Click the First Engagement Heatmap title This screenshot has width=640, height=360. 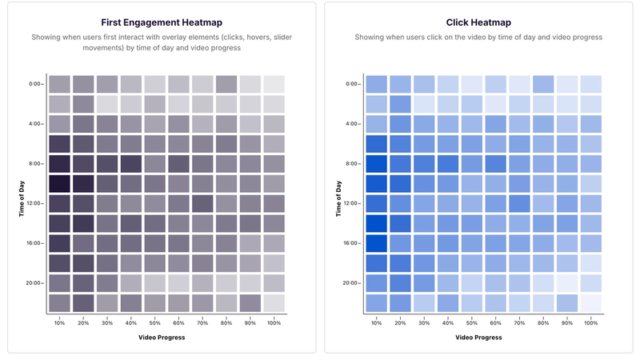coord(162,22)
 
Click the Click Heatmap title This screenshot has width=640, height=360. coord(478,22)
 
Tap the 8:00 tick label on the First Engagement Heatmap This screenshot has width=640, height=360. coord(35,163)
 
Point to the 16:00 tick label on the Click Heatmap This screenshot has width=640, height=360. coord(351,243)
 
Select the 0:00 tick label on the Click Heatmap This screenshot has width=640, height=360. coord(353,84)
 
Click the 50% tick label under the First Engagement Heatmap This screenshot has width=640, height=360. coord(154,322)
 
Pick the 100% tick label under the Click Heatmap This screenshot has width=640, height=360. coord(590,322)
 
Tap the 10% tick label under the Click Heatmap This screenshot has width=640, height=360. coord(376,322)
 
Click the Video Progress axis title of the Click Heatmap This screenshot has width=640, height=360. coord(478,337)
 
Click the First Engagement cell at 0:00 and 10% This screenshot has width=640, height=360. coord(59,84)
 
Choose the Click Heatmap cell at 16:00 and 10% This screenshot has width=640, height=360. coord(376,243)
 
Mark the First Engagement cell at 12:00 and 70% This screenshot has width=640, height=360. coord(202,203)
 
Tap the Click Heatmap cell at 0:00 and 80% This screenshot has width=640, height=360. coord(543,84)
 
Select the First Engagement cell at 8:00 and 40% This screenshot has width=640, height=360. coord(131,163)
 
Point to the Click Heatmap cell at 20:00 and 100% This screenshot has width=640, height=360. coord(590,283)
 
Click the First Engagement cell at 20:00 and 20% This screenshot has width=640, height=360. coord(83,283)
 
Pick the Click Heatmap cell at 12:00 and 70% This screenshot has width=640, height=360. coord(519,203)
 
